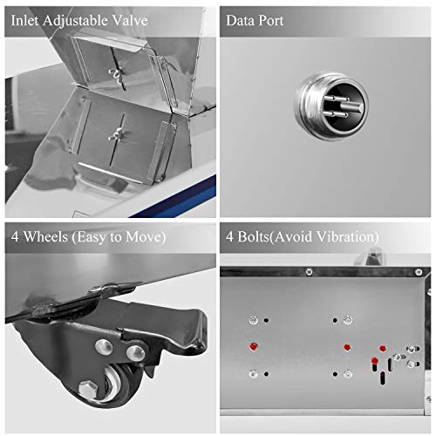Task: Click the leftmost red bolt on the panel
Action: pos(254,346)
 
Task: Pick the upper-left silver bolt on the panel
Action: pos(254,320)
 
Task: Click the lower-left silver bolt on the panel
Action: pos(254,374)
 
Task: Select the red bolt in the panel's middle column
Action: pos(347,347)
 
